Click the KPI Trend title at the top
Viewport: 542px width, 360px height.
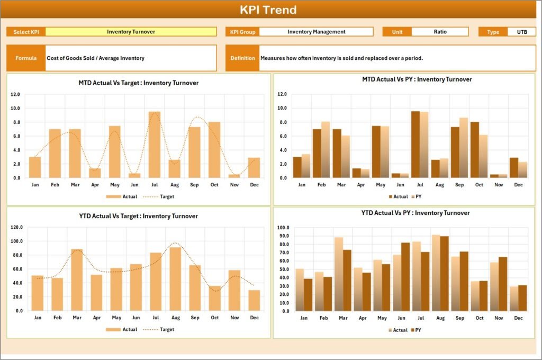tap(268, 10)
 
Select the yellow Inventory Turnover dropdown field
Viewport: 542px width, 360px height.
tap(131, 32)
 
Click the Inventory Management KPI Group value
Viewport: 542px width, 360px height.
tap(316, 32)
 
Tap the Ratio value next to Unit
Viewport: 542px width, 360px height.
tap(440, 32)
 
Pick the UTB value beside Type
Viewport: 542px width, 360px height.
tap(521, 32)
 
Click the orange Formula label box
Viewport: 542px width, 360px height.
tap(26, 58)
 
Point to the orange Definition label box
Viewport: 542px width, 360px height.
tap(242, 58)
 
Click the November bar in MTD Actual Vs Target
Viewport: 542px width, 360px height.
tap(233, 176)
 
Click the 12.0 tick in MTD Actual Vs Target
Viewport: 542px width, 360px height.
tap(15, 94)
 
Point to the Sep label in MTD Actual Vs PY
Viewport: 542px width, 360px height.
tap(459, 185)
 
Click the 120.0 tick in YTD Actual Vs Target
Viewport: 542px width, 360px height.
tap(16, 227)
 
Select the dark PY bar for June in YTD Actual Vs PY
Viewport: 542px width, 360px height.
tap(405, 277)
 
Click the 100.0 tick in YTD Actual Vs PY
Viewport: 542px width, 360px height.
tap(282, 228)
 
